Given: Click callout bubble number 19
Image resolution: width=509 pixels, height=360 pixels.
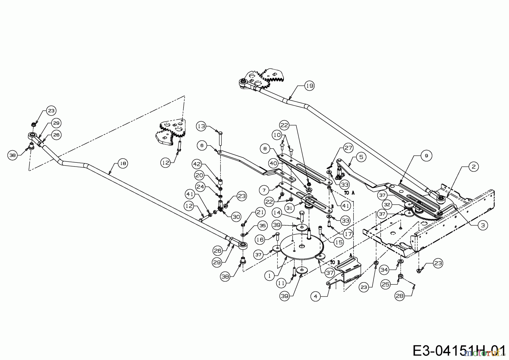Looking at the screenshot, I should click(x=310, y=86).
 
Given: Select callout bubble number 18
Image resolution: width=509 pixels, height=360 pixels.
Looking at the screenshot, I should click(x=123, y=163).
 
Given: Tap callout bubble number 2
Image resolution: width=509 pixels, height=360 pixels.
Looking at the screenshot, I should click(x=473, y=167).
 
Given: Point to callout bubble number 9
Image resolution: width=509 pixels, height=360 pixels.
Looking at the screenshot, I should click(x=426, y=156).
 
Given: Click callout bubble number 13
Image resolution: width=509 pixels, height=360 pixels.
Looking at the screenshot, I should click(x=202, y=126).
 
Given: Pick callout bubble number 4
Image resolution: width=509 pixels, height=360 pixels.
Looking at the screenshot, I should click(x=316, y=296).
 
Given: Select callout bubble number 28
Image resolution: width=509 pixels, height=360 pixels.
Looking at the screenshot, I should click(x=400, y=296).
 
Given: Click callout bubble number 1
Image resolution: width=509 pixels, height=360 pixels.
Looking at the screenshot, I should click(x=269, y=275).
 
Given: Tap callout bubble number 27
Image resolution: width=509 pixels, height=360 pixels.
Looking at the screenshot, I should click(x=348, y=148).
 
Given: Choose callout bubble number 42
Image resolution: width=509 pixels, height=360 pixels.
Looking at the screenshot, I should click(x=197, y=164).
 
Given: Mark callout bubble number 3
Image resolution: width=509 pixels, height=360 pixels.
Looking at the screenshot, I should click(x=483, y=225).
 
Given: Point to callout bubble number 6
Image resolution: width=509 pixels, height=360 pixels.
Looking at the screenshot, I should click(x=202, y=145).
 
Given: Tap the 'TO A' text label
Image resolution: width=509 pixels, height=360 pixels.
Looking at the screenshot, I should click(x=349, y=193).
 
